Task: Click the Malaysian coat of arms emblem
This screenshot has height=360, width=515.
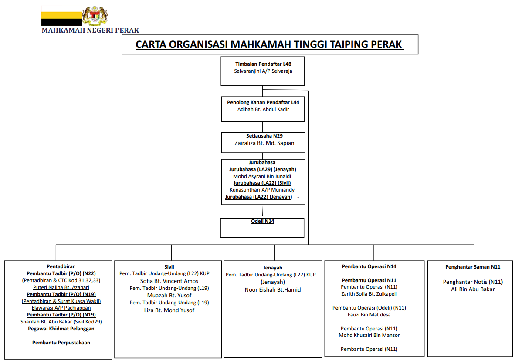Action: pyautogui.click(x=95, y=16)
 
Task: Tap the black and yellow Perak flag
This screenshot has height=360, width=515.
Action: pyautogui.click(x=62, y=16)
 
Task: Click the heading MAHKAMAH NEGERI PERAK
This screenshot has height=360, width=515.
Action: pyautogui.click(x=90, y=30)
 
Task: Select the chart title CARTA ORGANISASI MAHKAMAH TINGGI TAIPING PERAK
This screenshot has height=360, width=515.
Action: pyautogui.click(x=269, y=45)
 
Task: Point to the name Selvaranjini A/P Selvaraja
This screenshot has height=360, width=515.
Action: pyautogui.click(x=263, y=71)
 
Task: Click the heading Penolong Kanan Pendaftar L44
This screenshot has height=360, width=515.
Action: pyautogui.click(x=263, y=102)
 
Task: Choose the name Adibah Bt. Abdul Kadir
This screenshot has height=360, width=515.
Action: pyautogui.click(x=263, y=109)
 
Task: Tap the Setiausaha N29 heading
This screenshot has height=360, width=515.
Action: pyautogui.click(x=264, y=136)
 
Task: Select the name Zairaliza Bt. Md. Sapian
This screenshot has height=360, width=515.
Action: pyautogui.click(x=264, y=143)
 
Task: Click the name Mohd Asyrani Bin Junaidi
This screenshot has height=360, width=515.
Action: pyautogui.click(x=262, y=176)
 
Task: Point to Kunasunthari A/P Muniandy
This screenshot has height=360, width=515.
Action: pyautogui.click(x=262, y=190)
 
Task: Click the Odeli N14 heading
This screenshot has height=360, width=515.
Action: pyautogui.click(x=262, y=221)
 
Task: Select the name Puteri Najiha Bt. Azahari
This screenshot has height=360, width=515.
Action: pyautogui.click(x=61, y=287)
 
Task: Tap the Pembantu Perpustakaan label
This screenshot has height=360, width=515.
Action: pyautogui.click(x=61, y=343)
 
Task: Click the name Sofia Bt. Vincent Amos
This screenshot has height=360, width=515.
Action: pyautogui.click(x=169, y=281)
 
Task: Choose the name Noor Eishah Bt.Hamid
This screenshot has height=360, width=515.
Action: pyautogui.click(x=273, y=289)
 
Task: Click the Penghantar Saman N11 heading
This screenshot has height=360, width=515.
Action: pyautogui.click(x=473, y=267)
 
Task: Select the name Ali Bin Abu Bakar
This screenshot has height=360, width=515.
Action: pyautogui.click(x=473, y=289)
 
